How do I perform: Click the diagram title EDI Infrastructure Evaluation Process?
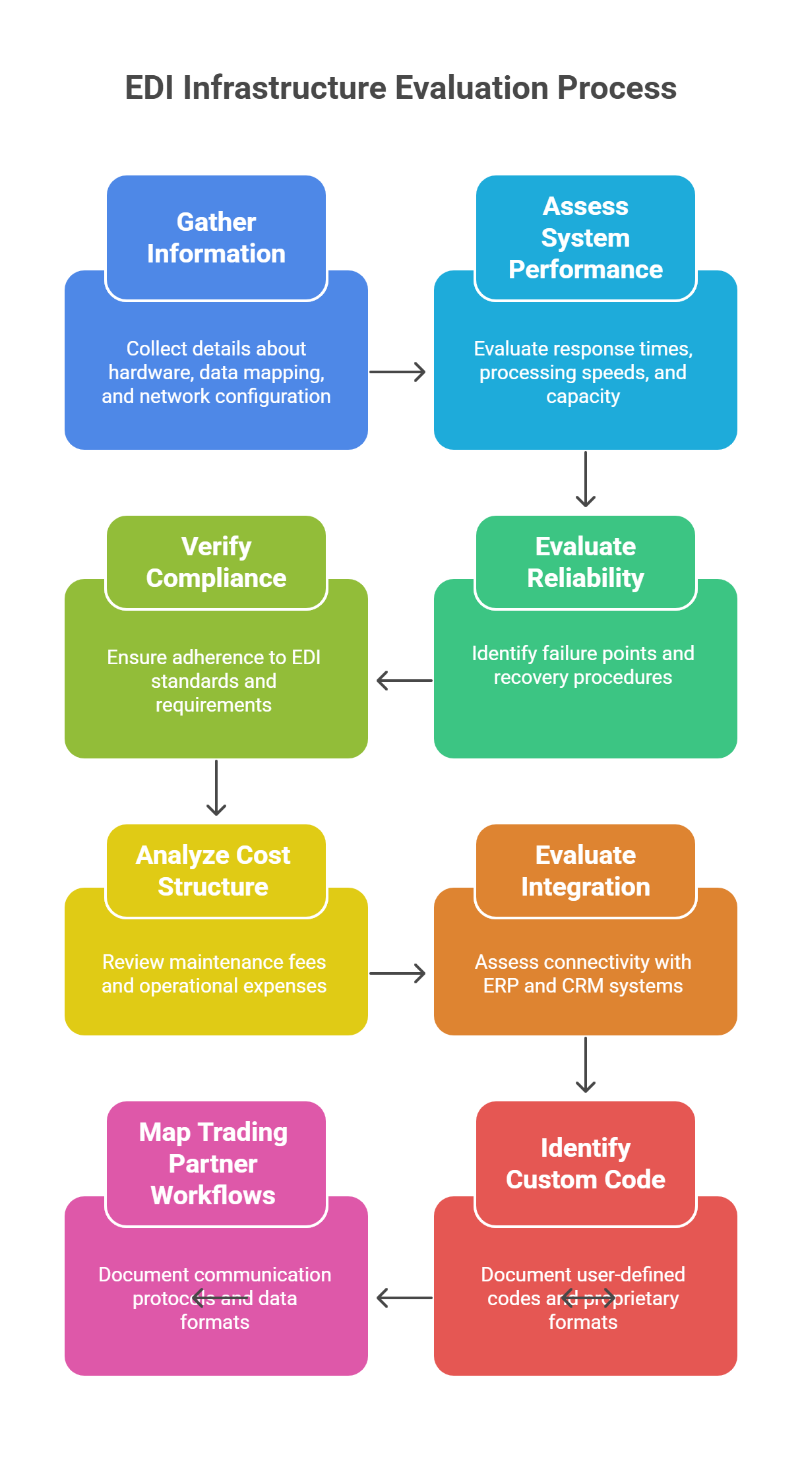pos(400,88)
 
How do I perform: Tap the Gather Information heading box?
pos(216,237)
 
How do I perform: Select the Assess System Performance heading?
pos(586,237)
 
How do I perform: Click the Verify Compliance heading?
pos(216,562)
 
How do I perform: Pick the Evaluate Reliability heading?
pos(586,562)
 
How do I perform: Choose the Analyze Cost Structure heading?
pos(213,871)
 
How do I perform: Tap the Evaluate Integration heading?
pos(586,871)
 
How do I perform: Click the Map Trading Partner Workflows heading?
pos(213,1163)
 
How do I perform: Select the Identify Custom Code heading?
pos(586,1163)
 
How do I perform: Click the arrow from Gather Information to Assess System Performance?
pos(398,372)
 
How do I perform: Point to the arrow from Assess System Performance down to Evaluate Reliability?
pos(586,479)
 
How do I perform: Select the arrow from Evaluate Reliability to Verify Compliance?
pos(404,681)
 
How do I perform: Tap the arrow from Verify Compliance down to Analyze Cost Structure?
pos(216,788)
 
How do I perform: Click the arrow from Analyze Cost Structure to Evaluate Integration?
pos(398,973)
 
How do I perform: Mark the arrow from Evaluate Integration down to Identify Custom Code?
pos(586,1065)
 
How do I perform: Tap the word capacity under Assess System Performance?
pos(583,396)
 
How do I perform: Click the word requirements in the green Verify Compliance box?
pos(214,705)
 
